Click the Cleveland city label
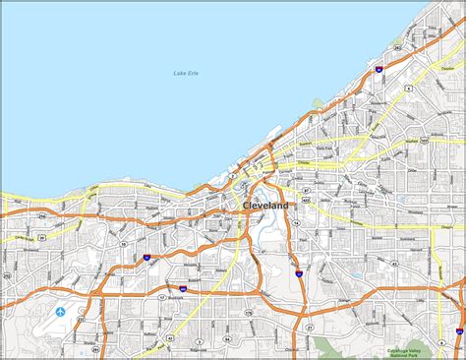point(265,206)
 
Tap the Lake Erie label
point(185,74)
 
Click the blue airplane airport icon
point(61,312)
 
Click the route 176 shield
point(249,313)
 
